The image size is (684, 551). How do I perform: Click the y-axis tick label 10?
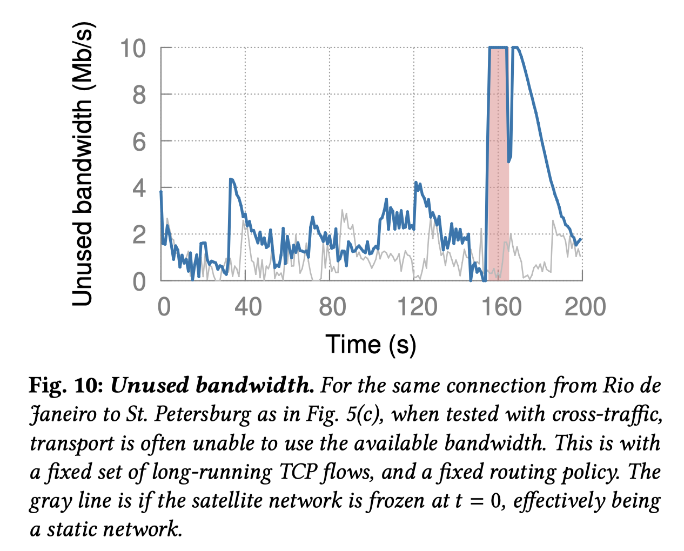tap(133, 49)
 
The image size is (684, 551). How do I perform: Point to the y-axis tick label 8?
tap(139, 96)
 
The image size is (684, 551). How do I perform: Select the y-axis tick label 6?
tap(139, 143)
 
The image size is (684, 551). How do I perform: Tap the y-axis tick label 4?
tap(139, 189)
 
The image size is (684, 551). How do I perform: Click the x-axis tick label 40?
tap(248, 307)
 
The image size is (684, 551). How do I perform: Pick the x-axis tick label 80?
tap(332, 307)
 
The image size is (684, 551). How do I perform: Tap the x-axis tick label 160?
tap(501, 307)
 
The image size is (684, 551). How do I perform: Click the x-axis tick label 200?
tap(585, 307)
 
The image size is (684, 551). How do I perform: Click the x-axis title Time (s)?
tap(371, 344)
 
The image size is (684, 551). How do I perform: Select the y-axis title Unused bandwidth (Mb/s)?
tap(84, 165)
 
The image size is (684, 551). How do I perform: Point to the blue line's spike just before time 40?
tap(231, 179)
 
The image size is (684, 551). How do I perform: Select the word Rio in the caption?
tap(619, 386)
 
